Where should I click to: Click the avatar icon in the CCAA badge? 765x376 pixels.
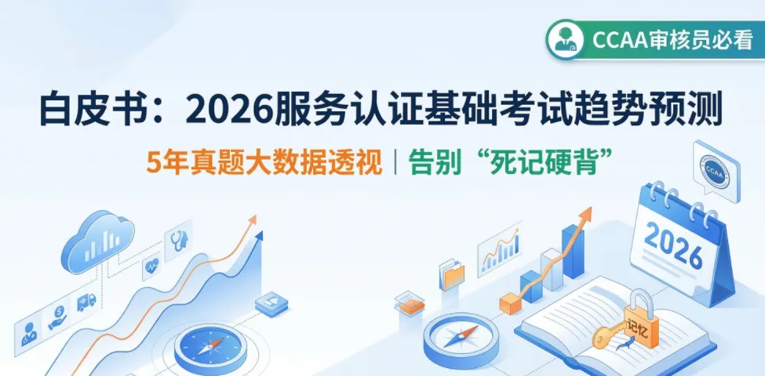click(565, 40)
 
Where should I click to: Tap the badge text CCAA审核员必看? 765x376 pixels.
click(672, 40)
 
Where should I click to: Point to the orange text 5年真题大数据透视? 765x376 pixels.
click(264, 162)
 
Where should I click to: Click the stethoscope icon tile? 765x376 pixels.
click(178, 240)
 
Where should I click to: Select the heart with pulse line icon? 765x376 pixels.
click(151, 266)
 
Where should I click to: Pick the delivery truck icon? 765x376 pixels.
click(86, 302)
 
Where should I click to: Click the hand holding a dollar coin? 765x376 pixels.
click(59, 316)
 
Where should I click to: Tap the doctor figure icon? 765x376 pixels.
click(28, 334)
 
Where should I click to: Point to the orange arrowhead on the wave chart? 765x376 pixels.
click(252, 220)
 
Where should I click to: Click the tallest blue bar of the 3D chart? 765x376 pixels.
click(573, 251)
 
